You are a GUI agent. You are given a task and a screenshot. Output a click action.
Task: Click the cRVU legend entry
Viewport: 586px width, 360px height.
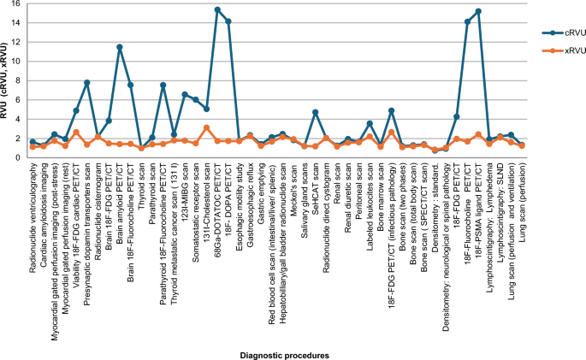(x=559, y=32)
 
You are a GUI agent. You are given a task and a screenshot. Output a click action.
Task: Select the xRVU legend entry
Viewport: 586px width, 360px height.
(x=559, y=51)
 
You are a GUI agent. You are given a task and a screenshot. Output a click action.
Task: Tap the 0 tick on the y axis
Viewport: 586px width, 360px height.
(x=18, y=157)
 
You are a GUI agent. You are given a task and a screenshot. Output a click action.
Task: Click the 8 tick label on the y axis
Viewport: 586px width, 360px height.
(x=18, y=81)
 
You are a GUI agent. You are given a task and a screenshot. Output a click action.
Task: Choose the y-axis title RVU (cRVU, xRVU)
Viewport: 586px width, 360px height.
(x=6, y=81)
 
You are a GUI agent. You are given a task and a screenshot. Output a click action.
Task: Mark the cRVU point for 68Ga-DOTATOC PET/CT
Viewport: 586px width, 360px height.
(x=217, y=10)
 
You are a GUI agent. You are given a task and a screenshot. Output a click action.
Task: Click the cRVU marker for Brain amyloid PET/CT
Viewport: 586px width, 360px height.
(x=120, y=47)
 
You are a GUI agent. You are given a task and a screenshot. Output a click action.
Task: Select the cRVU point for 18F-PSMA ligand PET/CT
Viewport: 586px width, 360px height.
(x=478, y=12)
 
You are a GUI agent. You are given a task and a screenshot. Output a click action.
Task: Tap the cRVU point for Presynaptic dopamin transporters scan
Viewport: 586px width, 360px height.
(x=87, y=83)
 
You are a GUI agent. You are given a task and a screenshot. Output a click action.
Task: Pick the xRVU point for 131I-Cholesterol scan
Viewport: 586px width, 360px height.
(x=206, y=127)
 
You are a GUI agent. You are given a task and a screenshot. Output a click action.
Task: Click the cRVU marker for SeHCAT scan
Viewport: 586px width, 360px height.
(x=315, y=112)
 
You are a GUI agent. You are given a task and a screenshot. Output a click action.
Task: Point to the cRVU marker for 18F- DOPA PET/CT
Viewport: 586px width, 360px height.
(x=228, y=21)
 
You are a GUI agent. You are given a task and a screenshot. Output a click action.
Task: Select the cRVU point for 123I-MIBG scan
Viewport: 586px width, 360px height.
(x=185, y=94)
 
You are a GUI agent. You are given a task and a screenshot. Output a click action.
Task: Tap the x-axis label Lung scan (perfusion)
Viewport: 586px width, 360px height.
(x=522, y=201)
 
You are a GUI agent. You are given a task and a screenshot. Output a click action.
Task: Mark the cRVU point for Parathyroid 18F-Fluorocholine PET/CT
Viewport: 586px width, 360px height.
(x=163, y=86)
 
